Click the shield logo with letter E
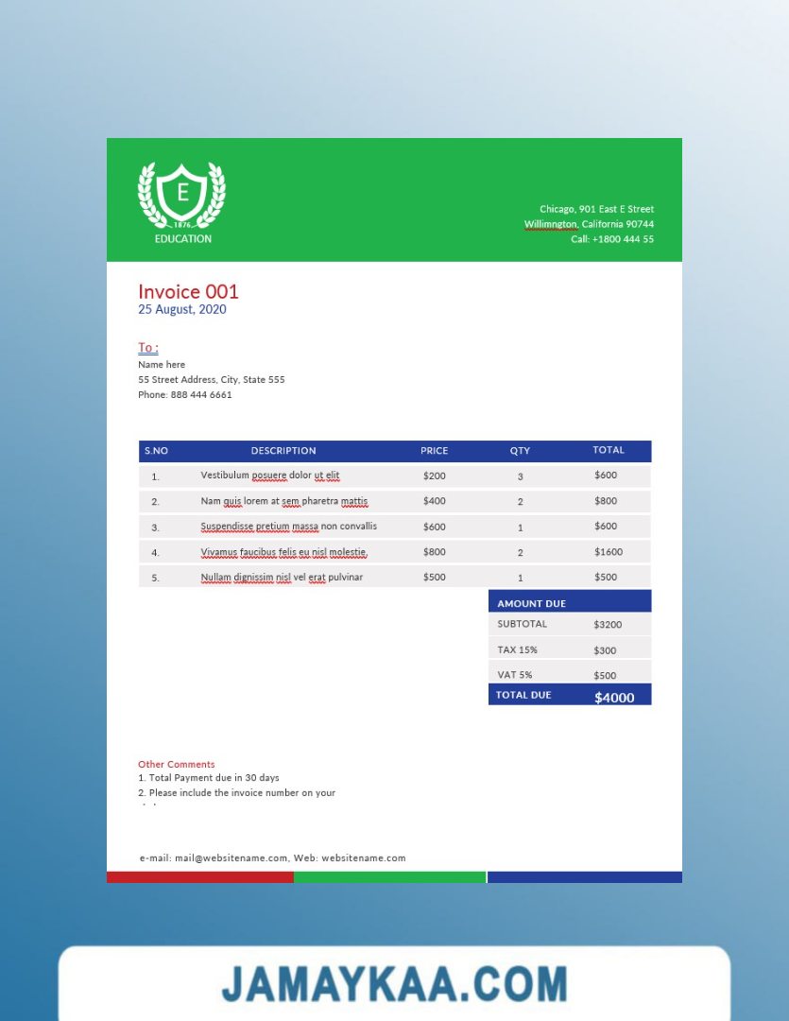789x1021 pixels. point(182,195)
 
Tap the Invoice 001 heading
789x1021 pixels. point(188,291)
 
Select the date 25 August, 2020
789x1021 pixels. point(182,309)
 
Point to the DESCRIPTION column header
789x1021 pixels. point(283,451)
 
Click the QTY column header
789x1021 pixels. point(520,451)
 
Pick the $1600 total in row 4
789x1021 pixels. point(609,551)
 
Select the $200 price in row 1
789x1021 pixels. point(435,476)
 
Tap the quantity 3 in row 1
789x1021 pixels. point(520,476)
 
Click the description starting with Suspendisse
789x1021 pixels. point(288,526)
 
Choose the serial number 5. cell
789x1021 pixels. point(156,578)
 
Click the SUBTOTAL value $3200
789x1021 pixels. point(608,625)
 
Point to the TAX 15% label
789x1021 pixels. point(517,649)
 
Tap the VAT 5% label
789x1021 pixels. point(515,675)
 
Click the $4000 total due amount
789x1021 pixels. point(614,698)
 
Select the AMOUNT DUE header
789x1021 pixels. point(532,603)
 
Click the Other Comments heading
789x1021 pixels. point(177,764)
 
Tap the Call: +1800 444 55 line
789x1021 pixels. point(612,239)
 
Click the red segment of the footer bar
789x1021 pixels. point(200,877)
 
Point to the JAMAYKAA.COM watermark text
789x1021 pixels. point(394,984)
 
